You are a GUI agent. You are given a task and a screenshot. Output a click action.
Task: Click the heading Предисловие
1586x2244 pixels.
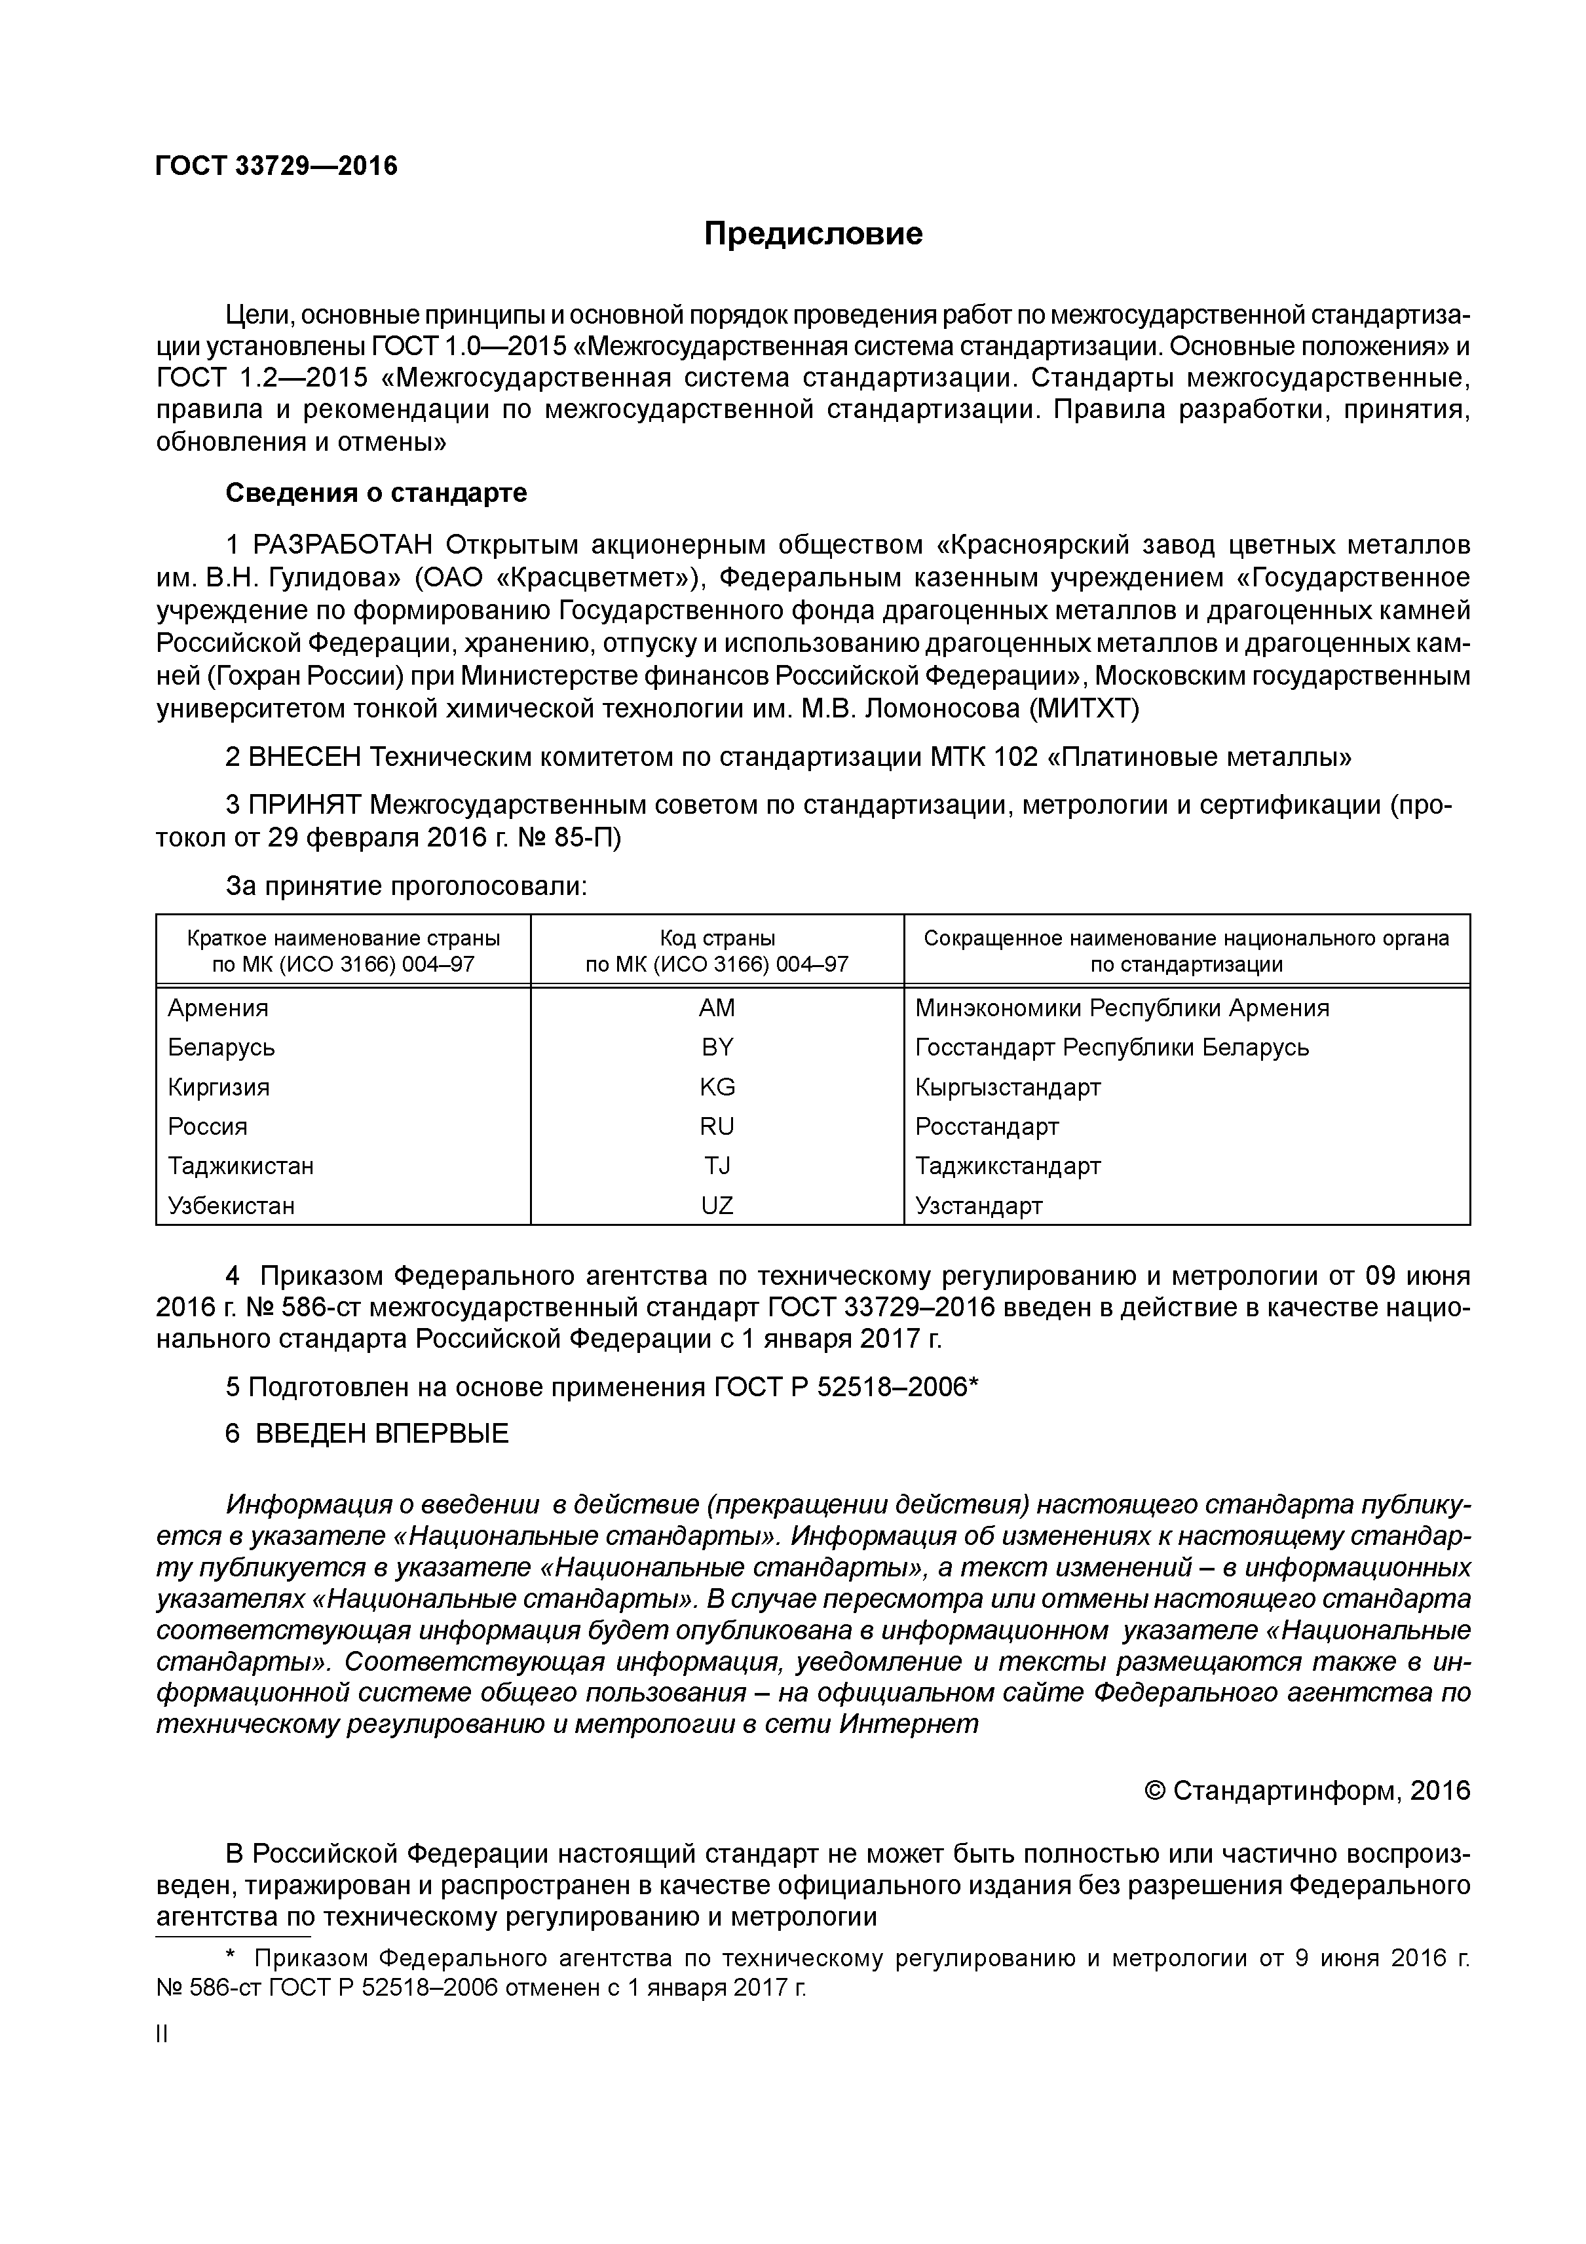pos(813,235)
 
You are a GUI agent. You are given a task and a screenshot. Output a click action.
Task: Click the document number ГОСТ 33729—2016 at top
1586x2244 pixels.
pos(276,166)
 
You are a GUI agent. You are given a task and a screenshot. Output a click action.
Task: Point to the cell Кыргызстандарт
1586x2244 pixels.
pos(1008,1087)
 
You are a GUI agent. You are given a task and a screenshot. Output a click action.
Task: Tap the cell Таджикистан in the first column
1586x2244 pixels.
pos(240,1166)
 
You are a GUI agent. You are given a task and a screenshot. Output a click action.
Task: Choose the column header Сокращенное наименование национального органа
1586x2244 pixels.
pos(1186,938)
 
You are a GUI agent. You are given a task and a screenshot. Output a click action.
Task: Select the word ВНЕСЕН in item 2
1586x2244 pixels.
pos(305,757)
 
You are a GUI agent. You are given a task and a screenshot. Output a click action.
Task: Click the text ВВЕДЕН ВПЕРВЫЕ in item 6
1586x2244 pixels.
pos(381,1434)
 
